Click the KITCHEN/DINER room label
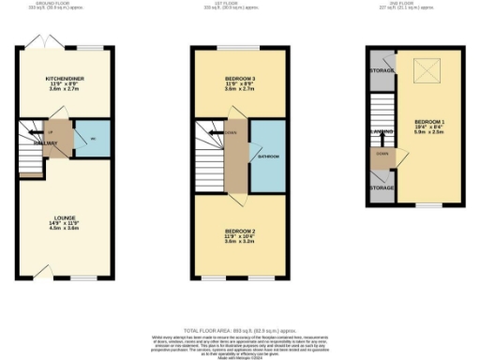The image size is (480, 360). (65, 81)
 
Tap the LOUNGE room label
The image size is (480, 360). (64, 221)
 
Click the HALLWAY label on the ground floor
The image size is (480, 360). (49, 143)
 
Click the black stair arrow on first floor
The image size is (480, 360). (229, 133)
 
